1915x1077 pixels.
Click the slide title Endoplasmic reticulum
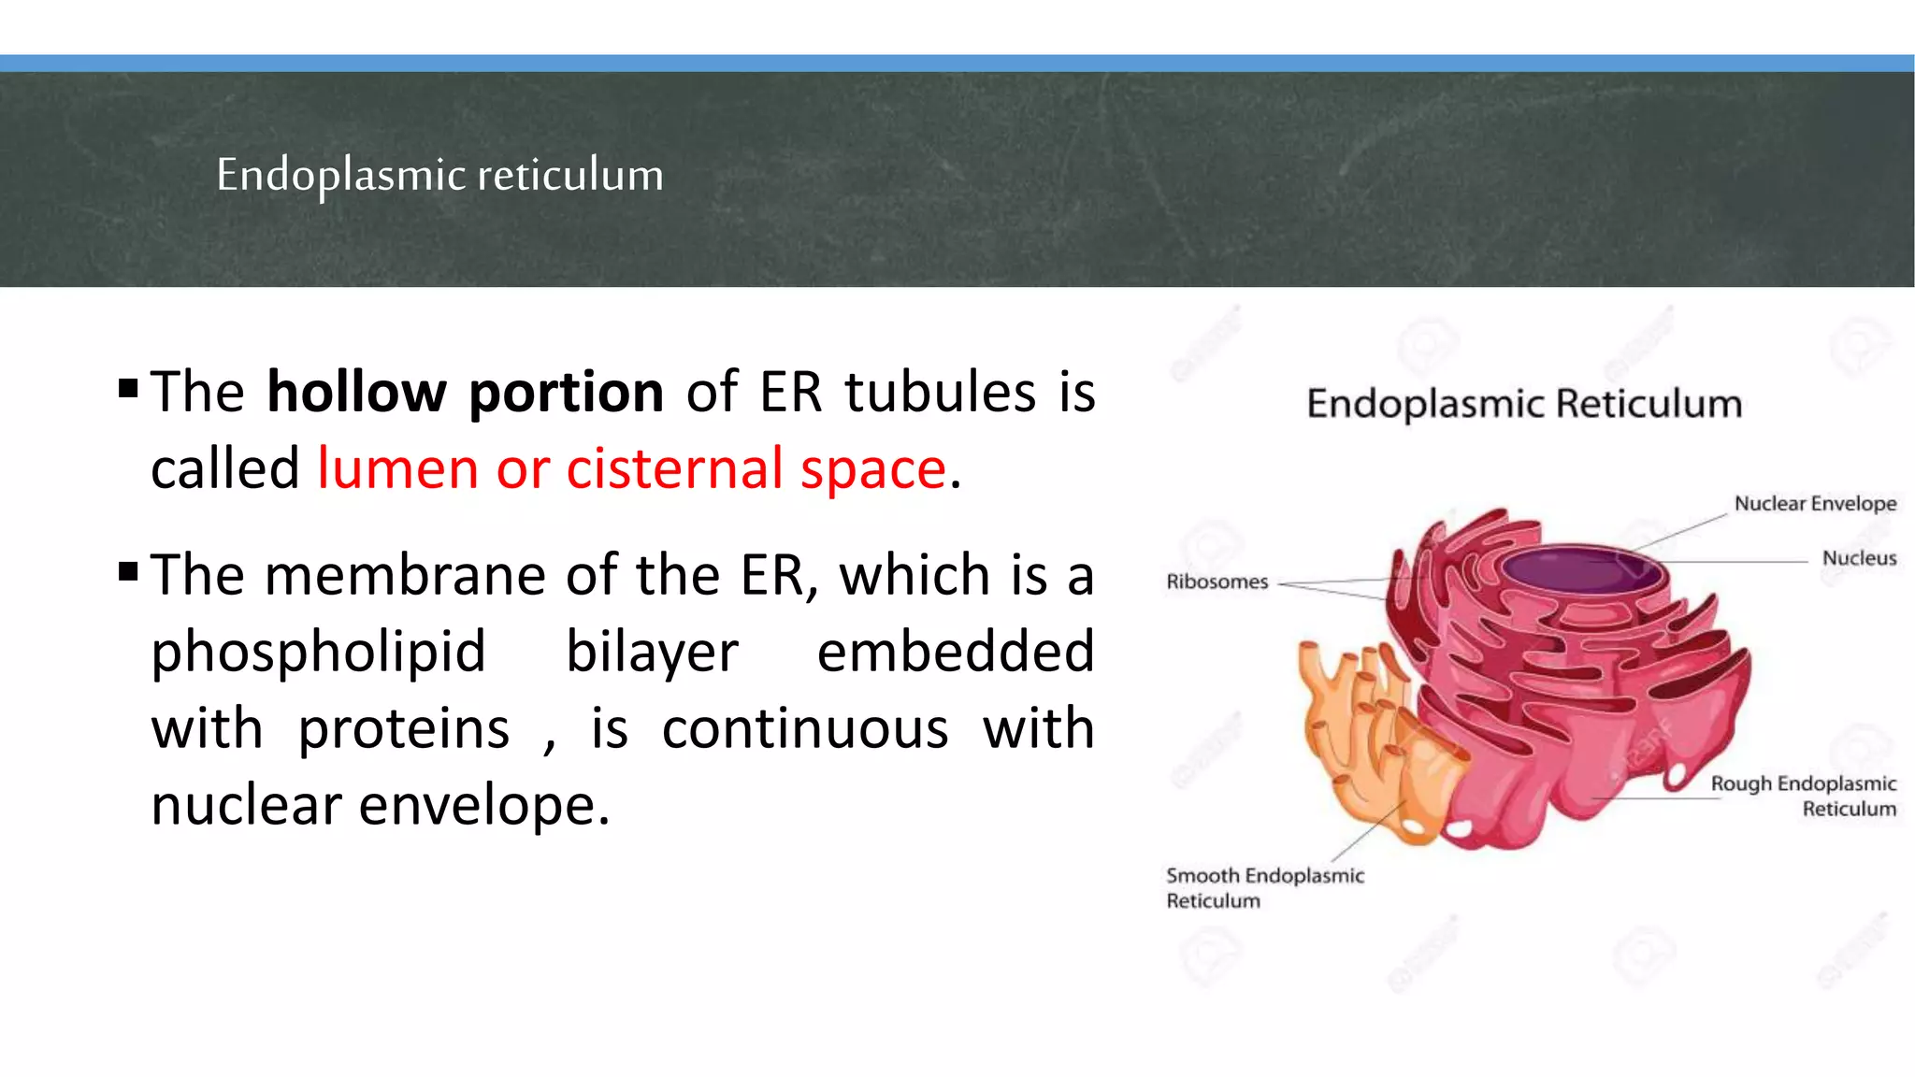pos(439,175)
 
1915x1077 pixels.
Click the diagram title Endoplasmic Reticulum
pos(1524,404)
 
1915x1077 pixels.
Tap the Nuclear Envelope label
pos(1815,503)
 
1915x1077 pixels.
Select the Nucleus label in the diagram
pos(1859,558)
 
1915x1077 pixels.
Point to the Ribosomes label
pos(1217,582)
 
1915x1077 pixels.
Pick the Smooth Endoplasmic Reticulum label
pos(1264,887)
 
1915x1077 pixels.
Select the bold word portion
pos(566,393)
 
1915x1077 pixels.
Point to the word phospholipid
pos(318,653)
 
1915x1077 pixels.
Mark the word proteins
pos(404,729)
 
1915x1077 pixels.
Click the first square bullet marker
pos(129,387)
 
